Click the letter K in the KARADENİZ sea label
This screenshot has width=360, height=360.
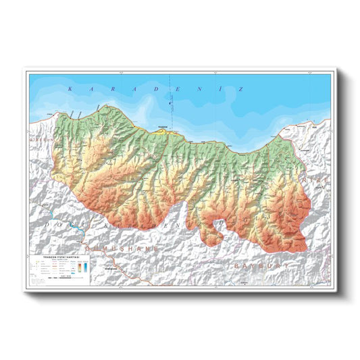[x=70, y=88]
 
